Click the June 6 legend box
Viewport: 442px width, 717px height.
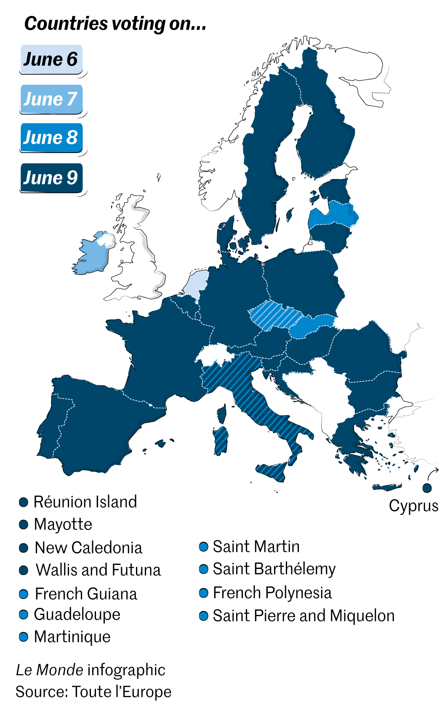[x=51, y=59]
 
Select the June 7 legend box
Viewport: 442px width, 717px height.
[x=51, y=99]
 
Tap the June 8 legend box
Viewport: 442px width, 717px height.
[x=51, y=137]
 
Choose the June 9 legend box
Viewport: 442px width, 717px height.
[x=51, y=177]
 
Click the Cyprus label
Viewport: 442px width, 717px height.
[x=413, y=506]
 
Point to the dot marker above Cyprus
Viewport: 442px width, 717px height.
[x=427, y=488]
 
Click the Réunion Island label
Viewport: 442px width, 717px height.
[x=85, y=502]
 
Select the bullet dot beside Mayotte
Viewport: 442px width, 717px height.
[x=24, y=524]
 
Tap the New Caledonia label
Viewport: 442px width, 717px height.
[x=88, y=548]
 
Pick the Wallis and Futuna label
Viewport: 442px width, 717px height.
[x=98, y=570]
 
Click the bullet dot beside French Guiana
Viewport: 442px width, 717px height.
[x=24, y=594]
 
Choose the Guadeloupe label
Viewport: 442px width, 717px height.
[x=77, y=614]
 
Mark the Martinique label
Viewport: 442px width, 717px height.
[x=72, y=636]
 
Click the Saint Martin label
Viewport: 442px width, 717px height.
[x=256, y=547]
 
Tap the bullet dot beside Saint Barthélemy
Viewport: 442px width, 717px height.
[x=204, y=569]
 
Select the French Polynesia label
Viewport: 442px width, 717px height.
[x=272, y=593]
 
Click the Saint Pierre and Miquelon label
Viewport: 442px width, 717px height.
[x=304, y=616]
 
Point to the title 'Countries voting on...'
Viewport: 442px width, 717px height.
[x=115, y=24]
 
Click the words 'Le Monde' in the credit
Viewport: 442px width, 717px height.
[x=49, y=670]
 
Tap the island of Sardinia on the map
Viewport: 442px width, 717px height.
[x=221, y=441]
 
